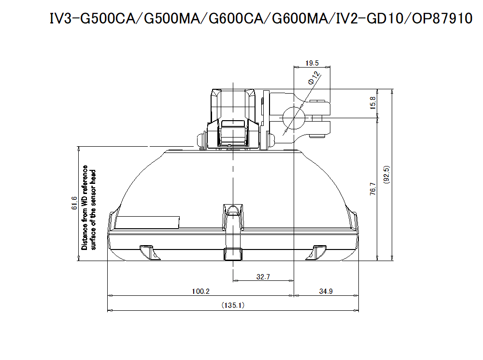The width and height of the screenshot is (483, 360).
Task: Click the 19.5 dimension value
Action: (313, 63)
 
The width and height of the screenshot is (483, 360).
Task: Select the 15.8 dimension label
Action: (372, 102)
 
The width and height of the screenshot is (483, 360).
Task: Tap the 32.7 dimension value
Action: (264, 277)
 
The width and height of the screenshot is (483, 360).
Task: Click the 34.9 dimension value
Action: (326, 291)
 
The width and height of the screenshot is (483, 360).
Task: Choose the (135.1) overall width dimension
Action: (233, 305)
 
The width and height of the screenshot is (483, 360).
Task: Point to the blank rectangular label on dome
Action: (148, 222)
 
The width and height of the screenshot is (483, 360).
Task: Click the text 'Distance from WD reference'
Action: (85, 208)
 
